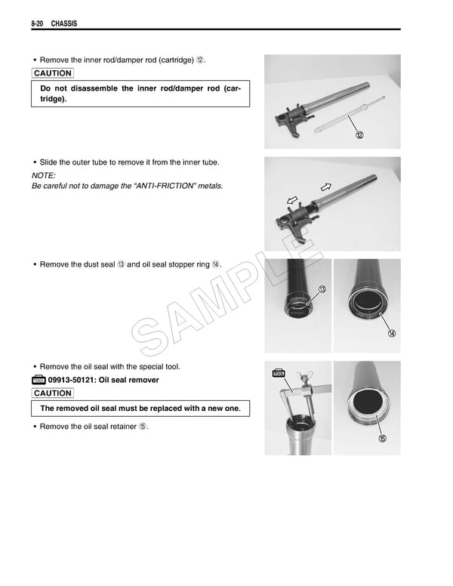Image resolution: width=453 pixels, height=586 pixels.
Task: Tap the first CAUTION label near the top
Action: coord(53,73)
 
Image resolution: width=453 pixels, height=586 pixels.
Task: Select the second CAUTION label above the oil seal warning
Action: coord(53,393)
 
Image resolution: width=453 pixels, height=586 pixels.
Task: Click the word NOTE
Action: coord(45,174)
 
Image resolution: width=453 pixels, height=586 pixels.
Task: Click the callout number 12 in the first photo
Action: coord(359,135)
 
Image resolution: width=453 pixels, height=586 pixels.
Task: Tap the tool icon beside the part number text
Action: coord(38,380)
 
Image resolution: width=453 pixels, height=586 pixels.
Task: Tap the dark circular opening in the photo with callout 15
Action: coord(365,402)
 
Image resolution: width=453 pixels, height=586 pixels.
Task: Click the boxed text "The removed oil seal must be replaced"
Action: coord(140,409)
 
